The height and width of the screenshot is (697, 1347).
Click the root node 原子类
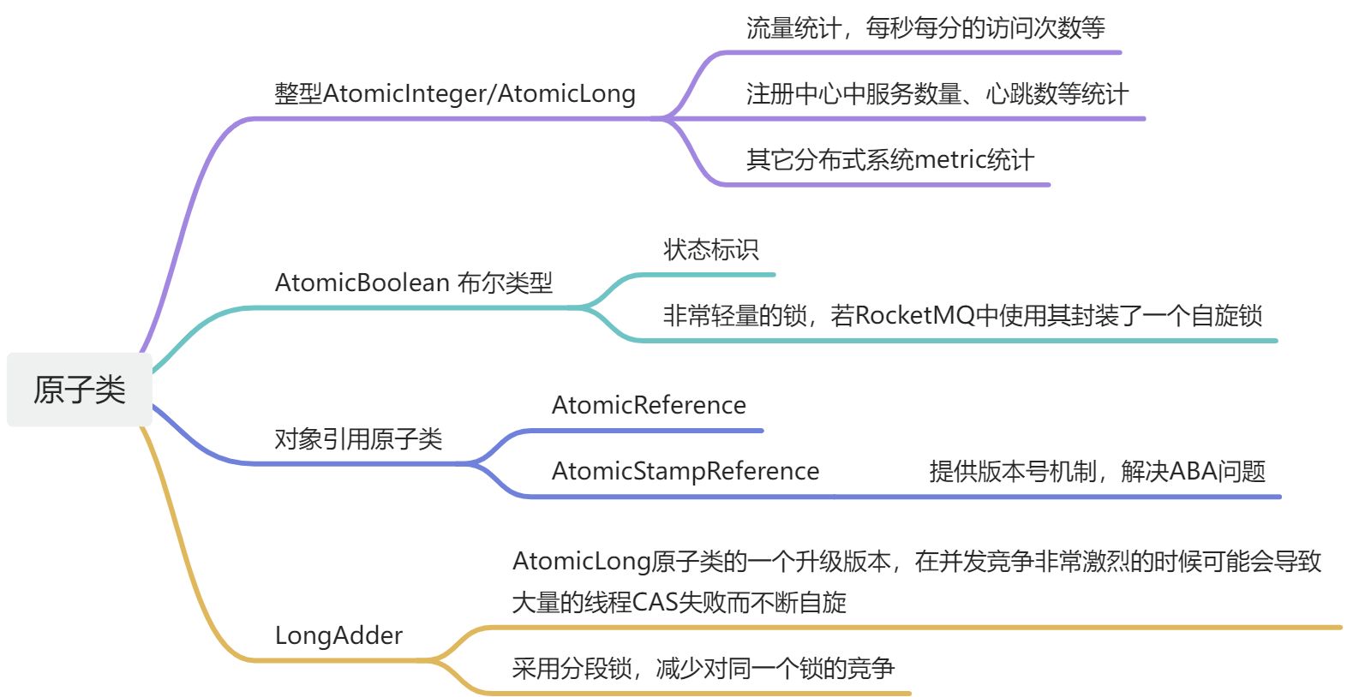coord(79,390)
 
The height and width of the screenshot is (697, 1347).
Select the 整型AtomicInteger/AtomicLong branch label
coord(454,93)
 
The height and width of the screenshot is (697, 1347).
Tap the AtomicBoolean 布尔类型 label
coord(413,283)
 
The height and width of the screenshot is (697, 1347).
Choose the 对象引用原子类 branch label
coord(358,439)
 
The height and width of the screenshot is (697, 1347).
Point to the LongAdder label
coord(338,635)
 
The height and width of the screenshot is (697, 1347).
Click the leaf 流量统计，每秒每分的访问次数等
coord(925,28)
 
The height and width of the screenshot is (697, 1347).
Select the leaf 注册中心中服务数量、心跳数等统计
coord(937,94)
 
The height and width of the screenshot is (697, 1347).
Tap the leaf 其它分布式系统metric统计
coord(889,160)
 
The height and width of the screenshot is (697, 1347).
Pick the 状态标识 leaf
coord(710,250)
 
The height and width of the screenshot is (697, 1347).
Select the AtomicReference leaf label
coord(649,405)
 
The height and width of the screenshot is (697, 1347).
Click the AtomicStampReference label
coord(685,471)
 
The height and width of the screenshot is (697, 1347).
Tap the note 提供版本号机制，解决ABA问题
coord(1097,471)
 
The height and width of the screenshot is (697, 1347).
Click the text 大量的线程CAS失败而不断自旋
coord(679,603)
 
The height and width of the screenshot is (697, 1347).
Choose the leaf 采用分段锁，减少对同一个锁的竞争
coord(703,669)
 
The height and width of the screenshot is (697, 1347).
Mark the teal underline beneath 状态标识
coord(703,275)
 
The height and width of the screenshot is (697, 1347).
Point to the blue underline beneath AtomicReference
coord(643,431)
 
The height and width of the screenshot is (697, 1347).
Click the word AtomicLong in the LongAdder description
coord(581,562)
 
